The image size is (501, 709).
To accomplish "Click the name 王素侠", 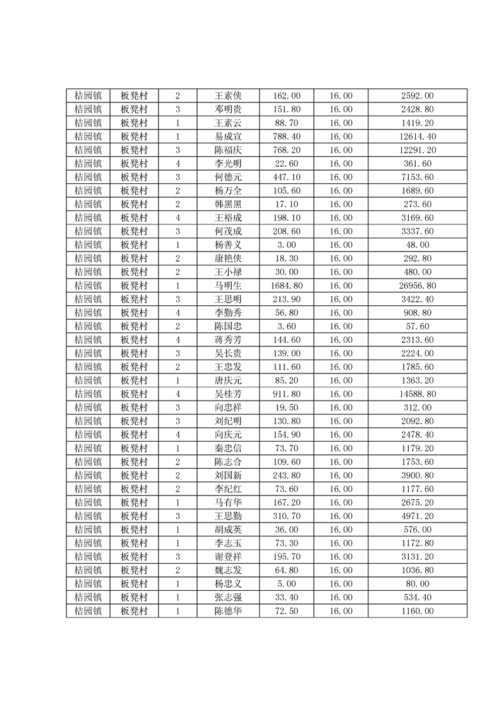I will (228, 96).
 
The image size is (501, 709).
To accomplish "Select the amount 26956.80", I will (418, 286).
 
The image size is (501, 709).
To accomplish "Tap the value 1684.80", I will (286, 286).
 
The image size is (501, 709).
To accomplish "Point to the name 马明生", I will (228, 286).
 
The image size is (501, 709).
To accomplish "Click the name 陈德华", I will (228, 611).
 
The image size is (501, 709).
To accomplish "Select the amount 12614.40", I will (418, 136).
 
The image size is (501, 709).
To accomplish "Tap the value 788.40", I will (286, 136).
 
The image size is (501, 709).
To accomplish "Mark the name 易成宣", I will (228, 136).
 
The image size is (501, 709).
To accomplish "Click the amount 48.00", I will (418, 245).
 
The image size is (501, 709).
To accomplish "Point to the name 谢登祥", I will (228, 557).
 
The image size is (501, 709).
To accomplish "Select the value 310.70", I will (286, 516).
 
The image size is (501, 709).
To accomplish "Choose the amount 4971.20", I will (418, 516).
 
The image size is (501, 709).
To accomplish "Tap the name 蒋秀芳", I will (228, 340).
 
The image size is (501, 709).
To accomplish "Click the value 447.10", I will (286, 178).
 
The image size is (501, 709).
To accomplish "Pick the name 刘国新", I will (228, 475).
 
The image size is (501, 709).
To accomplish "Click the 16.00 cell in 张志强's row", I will (341, 597).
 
